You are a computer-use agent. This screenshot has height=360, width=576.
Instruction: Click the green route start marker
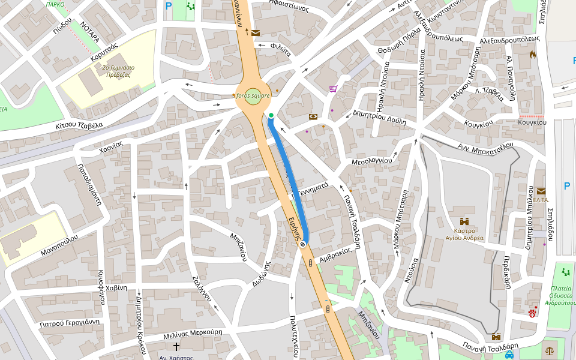click(x=271, y=115)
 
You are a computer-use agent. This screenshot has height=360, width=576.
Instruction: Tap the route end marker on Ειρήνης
click(x=304, y=244)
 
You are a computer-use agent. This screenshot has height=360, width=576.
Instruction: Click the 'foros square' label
click(x=253, y=95)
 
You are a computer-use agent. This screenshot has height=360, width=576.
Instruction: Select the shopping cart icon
click(x=333, y=89)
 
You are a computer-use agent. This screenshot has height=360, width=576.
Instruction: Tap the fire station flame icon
click(x=532, y=54)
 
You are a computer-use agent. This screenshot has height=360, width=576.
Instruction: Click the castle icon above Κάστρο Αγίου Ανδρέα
click(x=464, y=221)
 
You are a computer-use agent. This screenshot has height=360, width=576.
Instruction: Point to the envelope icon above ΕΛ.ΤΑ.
click(x=541, y=191)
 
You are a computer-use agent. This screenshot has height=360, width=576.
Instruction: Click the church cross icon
click(x=176, y=347)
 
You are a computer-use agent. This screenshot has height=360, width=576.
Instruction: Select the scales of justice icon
click(x=549, y=349)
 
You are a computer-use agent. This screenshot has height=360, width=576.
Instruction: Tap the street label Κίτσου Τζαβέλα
click(x=79, y=125)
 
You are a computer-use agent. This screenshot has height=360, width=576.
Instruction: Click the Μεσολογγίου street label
click(x=372, y=161)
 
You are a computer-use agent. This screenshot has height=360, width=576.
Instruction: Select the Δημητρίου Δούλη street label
click(x=380, y=116)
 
